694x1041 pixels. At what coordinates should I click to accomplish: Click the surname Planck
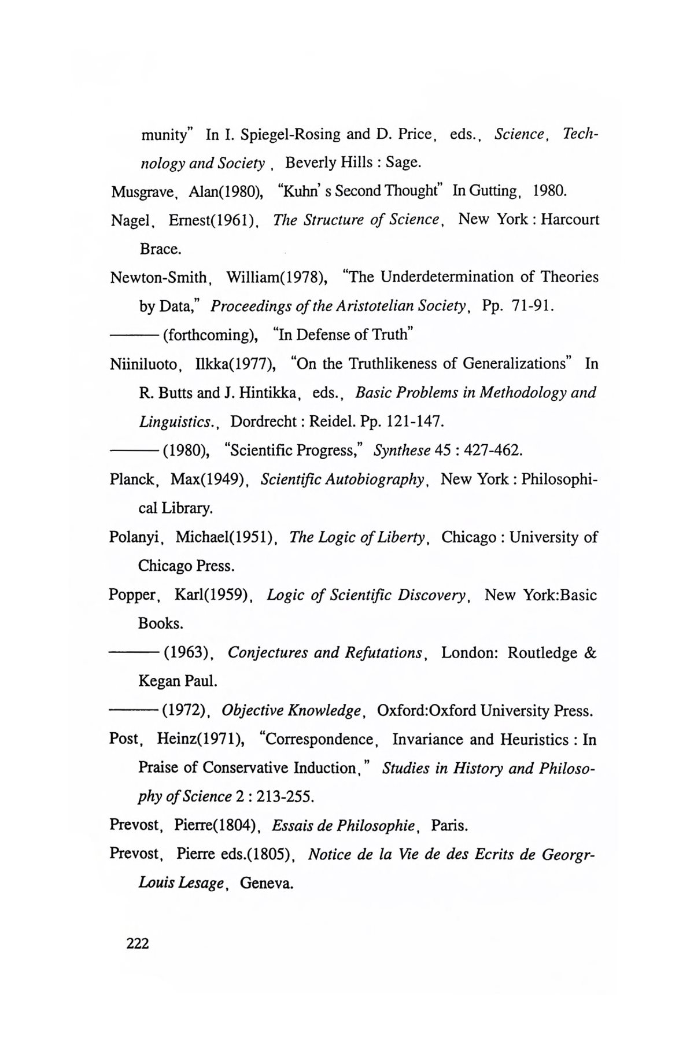(132, 480)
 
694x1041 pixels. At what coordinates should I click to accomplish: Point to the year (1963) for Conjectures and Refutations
(187, 654)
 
